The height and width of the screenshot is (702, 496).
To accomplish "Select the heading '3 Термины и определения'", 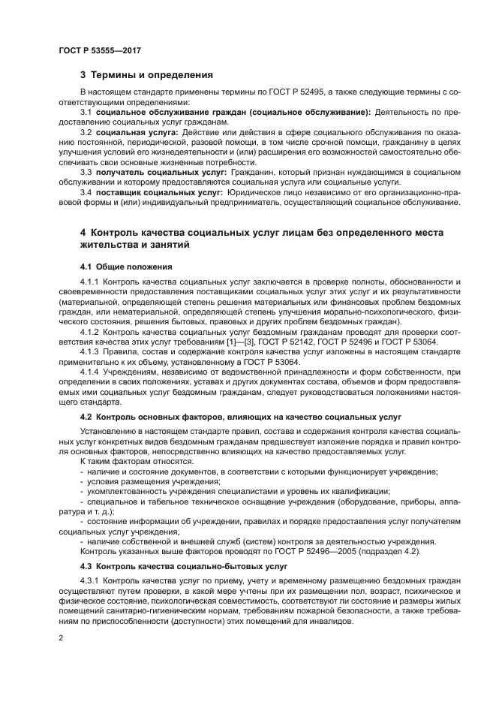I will click(x=146, y=75).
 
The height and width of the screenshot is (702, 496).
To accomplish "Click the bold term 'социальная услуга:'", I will click(x=133, y=132).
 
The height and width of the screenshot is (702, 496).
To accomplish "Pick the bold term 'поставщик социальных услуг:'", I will click(x=150, y=192).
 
